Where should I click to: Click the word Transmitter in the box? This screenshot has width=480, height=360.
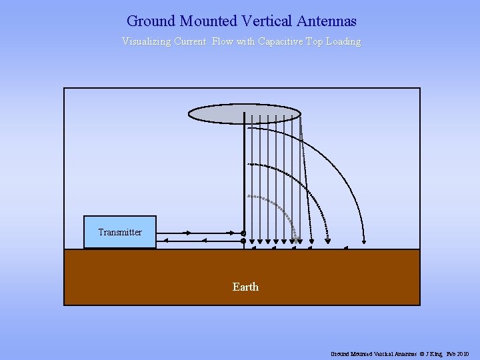coord(120,232)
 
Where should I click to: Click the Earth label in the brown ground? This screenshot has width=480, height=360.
coord(245,287)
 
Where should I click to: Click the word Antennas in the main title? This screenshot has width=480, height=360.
coord(326,21)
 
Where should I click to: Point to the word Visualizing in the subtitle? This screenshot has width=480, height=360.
coord(146,41)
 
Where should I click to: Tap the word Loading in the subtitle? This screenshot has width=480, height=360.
coord(341,41)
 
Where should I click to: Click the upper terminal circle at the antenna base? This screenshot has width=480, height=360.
coord(243,233)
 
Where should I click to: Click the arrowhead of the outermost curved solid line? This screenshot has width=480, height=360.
coord(364,241)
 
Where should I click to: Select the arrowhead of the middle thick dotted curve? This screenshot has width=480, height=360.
coord(328,241)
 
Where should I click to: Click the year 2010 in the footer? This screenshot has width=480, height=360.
coord(463,353)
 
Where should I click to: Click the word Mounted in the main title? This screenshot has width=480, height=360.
coord(208,21)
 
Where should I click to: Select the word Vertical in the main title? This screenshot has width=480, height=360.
coord(267,21)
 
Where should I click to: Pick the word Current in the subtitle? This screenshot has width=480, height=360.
coord(191,41)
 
